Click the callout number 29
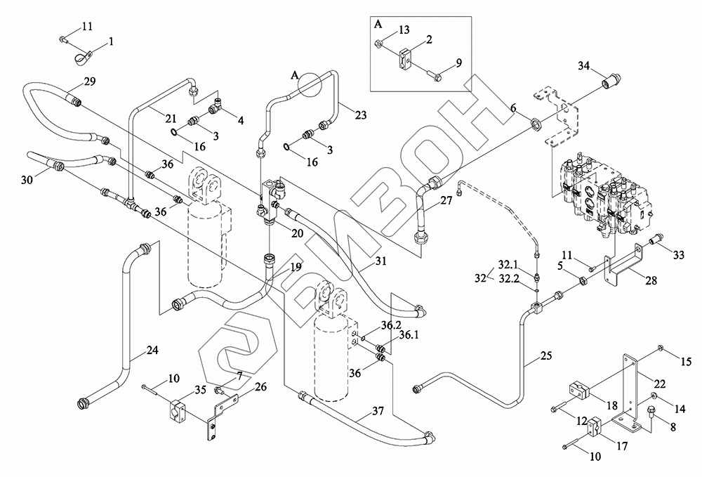coord(88,82)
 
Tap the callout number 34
coord(584,66)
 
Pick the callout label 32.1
coord(508,266)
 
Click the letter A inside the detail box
coord(379,23)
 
